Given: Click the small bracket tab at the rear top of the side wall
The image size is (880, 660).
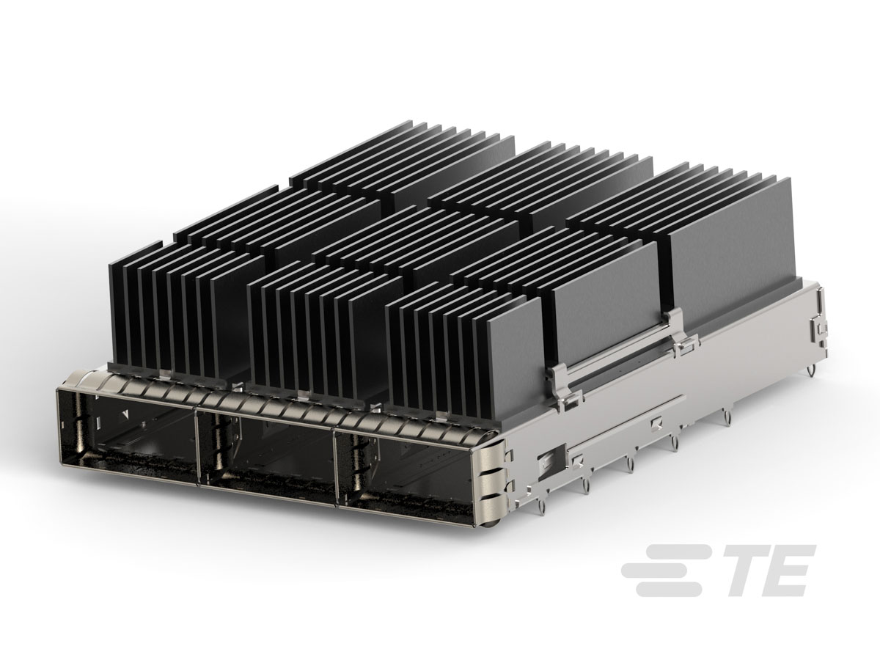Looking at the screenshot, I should coord(815,323).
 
